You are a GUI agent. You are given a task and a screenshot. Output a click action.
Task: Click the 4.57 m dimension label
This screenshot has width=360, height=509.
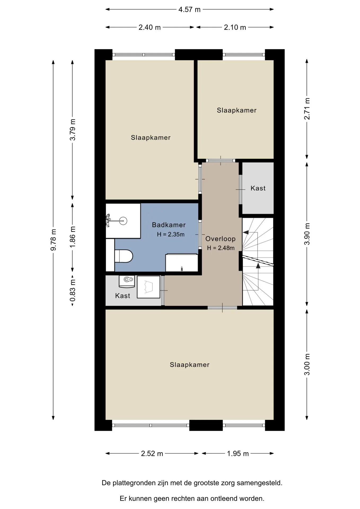click(189, 10)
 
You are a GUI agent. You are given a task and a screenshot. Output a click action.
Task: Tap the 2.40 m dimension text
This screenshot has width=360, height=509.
click(150, 27)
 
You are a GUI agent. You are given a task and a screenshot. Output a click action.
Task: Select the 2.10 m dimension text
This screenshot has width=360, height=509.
click(235, 27)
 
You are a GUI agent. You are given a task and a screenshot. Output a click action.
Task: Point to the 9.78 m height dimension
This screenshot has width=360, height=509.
click(53, 240)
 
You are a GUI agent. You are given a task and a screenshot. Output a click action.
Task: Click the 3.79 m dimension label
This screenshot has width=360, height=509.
click(72, 130)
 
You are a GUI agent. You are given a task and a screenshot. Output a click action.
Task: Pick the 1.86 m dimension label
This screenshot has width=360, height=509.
click(72, 237)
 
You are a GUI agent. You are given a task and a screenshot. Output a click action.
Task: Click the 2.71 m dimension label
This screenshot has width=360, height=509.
click(307, 109)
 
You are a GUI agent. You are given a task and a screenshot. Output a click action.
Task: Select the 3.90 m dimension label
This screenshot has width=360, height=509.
click(307, 234)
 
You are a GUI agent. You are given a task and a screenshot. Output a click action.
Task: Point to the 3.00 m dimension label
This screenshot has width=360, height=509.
click(307, 365)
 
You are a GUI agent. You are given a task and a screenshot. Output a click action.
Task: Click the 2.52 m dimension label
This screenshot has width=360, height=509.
click(152, 454)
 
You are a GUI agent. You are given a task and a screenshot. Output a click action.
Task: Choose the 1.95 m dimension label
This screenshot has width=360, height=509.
click(238, 454)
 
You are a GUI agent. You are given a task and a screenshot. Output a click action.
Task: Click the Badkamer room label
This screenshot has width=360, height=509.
click(169, 225)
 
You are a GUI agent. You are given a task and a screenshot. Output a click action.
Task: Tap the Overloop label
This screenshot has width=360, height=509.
click(221, 239)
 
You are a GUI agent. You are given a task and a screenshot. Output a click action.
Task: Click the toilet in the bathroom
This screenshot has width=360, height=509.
click(124, 256)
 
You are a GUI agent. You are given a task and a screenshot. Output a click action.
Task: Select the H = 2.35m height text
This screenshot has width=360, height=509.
click(171, 234)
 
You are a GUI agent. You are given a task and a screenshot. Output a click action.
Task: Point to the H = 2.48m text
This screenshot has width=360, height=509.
click(221, 248)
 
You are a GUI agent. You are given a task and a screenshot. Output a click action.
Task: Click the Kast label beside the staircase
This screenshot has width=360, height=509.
click(258, 188)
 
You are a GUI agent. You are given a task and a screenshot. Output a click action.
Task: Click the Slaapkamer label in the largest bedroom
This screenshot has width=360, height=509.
click(190, 365)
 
